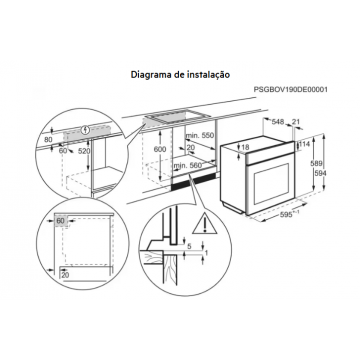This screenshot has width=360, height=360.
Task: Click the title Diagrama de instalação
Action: [180, 74]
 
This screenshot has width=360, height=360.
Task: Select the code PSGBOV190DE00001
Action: [291, 89]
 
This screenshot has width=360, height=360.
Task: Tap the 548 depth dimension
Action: [277, 122]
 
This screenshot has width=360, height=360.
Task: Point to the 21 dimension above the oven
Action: [296, 122]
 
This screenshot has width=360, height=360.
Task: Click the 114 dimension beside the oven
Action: [305, 144]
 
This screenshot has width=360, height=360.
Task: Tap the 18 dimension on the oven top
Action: [245, 147]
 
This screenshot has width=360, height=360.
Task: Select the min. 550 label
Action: [199, 136]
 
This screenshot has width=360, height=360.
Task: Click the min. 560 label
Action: [187, 164]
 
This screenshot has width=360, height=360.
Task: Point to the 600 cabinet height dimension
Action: [160, 149]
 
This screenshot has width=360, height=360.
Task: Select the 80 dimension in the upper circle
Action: [49, 140]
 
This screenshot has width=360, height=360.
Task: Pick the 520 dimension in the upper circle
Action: [84, 151]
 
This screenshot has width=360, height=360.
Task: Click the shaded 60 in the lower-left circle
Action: [60, 221]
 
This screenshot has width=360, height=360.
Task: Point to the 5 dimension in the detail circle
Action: [189, 246]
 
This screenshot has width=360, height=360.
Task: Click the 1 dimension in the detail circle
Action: [206, 253]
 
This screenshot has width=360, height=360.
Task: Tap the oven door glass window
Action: [272, 183]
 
